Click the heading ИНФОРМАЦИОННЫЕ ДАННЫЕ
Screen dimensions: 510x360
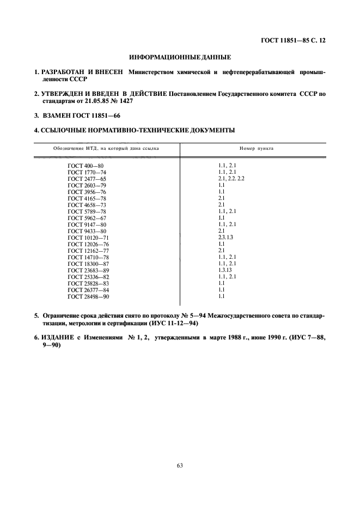(180, 57)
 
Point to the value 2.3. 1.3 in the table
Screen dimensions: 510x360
(226, 238)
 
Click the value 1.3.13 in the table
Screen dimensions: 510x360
(225, 270)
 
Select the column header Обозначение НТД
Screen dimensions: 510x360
(82, 148)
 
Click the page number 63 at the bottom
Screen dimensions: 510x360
(180, 464)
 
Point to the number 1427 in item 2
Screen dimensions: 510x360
(125, 102)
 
